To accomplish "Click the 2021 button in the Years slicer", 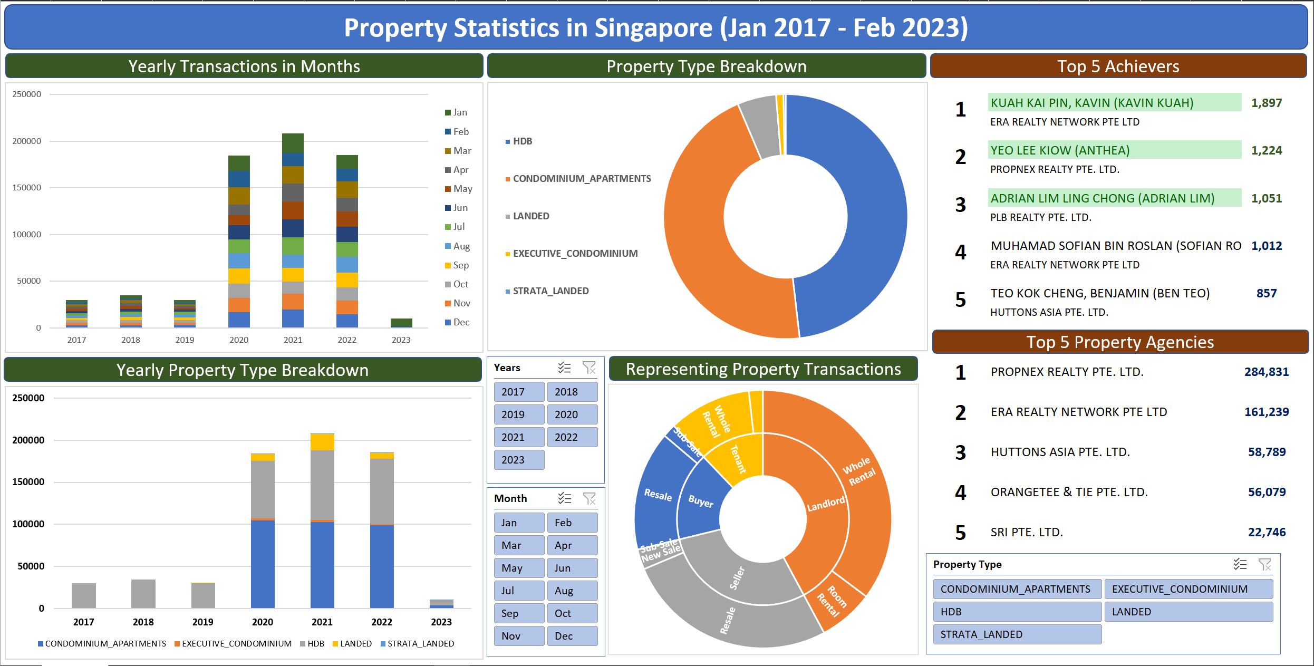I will [x=519, y=437].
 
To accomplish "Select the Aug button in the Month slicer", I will [x=572, y=591].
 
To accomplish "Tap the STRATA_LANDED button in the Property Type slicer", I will [x=1017, y=634].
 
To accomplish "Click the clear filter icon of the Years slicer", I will [x=589, y=368].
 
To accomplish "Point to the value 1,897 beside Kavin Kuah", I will [x=1266, y=103].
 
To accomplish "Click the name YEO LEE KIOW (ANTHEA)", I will [x=1060, y=150].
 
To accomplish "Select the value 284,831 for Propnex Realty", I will [x=1266, y=372].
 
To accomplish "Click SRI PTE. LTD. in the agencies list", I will [x=1026, y=532].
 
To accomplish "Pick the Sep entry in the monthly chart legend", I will [x=460, y=265].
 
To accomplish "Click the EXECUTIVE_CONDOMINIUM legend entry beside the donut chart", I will [x=575, y=254].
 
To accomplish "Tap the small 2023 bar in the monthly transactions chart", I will [x=401, y=323].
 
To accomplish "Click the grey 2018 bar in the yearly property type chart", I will [x=143, y=594].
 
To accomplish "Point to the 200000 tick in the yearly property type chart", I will [x=28, y=440].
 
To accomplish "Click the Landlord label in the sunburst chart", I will [x=826, y=504].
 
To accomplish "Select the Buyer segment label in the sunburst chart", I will [x=700, y=501].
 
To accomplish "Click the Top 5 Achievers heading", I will [x=1118, y=66].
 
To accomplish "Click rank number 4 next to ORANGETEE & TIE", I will [x=960, y=492].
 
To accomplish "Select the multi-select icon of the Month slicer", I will [x=565, y=498].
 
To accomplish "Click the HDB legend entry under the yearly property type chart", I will [x=315, y=643].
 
